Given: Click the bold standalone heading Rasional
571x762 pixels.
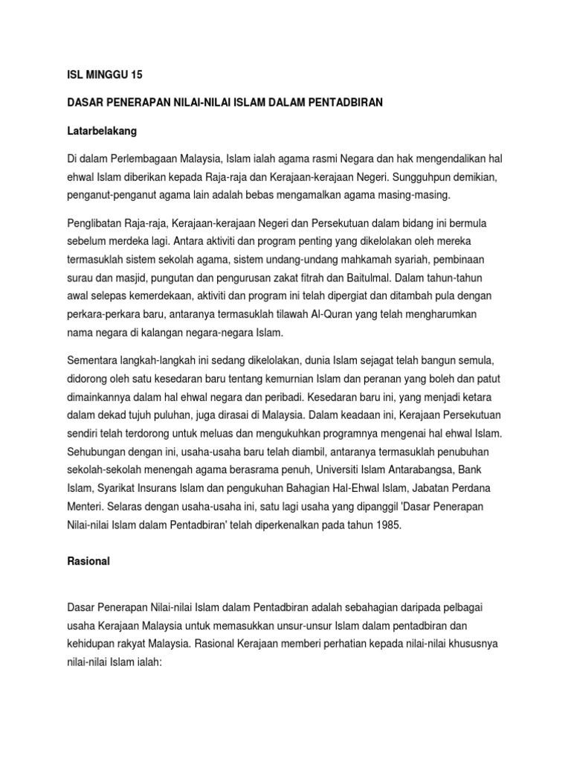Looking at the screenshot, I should (88, 562).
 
